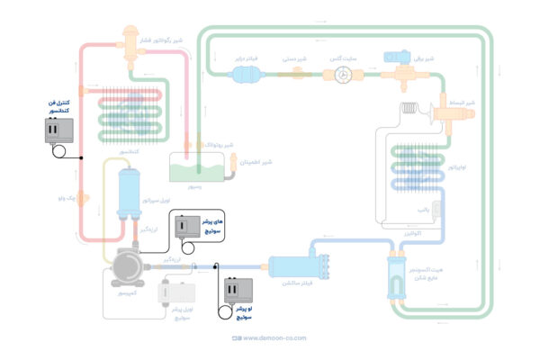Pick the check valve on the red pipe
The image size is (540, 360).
(83, 194)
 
